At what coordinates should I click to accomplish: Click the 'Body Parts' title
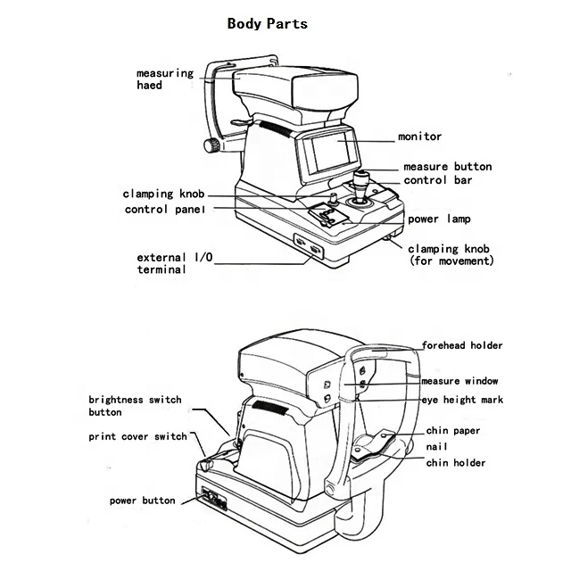pos(267,23)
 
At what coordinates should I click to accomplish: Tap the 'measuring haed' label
pos(164,79)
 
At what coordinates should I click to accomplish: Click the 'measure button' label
pos(446,167)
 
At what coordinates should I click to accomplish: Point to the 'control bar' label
pos(438,180)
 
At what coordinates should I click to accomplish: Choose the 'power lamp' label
pos(439,219)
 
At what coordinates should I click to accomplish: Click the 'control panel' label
pos(164,210)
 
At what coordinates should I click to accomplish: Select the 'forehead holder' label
pos(462,345)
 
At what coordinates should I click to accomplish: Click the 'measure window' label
pos(459,381)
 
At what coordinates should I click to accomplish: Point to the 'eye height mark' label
pos(462,400)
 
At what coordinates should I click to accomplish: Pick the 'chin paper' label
pos(452,431)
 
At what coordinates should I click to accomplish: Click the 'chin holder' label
pos(455,463)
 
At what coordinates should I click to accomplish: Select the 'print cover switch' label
pos(137,437)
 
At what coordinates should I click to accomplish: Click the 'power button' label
pos(143,501)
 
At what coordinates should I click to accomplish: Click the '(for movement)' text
pos(451,261)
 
